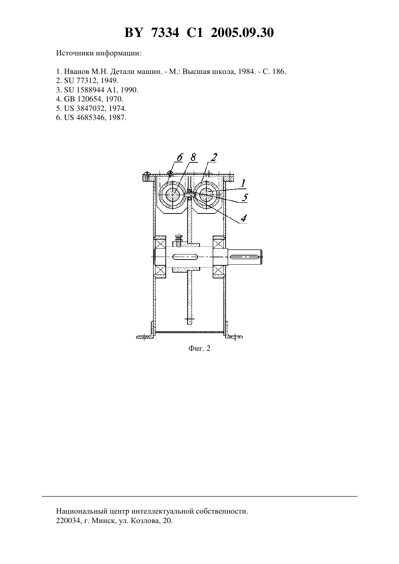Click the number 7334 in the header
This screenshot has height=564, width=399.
(x=165, y=33)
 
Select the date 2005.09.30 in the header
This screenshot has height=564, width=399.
(x=242, y=33)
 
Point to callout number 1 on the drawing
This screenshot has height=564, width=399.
(x=243, y=183)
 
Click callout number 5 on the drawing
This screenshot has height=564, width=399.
(x=244, y=198)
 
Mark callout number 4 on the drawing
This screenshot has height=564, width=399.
(x=243, y=218)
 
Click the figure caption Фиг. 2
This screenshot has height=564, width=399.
(x=199, y=348)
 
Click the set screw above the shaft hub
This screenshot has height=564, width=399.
(x=179, y=240)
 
